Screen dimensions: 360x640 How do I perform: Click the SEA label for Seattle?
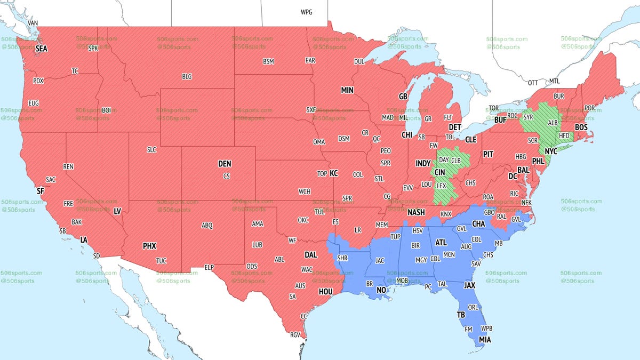(x=42, y=49)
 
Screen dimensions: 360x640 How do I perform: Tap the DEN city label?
(x=225, y=164)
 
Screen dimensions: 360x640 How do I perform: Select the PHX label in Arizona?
(x=149, y=246)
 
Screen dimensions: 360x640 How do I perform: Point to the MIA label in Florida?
(x=485, y=339)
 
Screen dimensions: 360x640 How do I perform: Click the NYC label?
(x=550, y=151)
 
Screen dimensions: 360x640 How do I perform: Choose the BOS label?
(x=581, y=127)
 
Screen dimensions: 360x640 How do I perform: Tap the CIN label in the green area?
(x=440, y=172)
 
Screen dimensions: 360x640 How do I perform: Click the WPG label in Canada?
(x=307, y=12)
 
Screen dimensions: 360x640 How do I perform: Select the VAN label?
(x=33, y=23)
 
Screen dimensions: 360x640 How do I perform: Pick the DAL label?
(x=310, y=255)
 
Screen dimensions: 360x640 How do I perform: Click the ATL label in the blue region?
(x=441, y=242)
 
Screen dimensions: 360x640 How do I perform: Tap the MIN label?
(x=347, y=91)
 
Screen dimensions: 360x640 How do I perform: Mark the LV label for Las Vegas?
(x=117, y=212)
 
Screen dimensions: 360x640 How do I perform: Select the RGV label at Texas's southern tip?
(x=295, y=335)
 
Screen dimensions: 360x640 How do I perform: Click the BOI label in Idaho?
(x=107, y=110)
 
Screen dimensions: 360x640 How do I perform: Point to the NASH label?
(x=415, y=212)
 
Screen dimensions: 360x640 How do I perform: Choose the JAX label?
(x=469, y=285)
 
